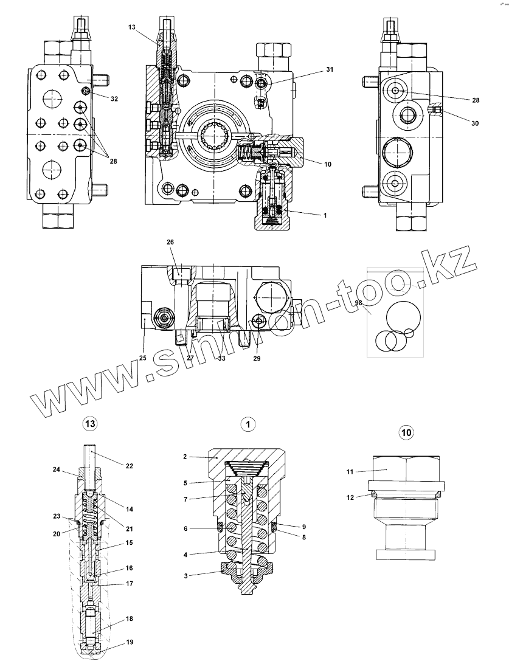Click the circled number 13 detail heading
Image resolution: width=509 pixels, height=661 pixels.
point(89,423)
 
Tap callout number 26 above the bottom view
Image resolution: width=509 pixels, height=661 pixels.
point(170,242)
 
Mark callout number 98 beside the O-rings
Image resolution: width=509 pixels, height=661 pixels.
point(359,303)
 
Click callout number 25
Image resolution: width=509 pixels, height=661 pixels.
point(142,358)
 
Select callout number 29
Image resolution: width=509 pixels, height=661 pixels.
point(257,359)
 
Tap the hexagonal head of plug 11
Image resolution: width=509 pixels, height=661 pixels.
point(406,468)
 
